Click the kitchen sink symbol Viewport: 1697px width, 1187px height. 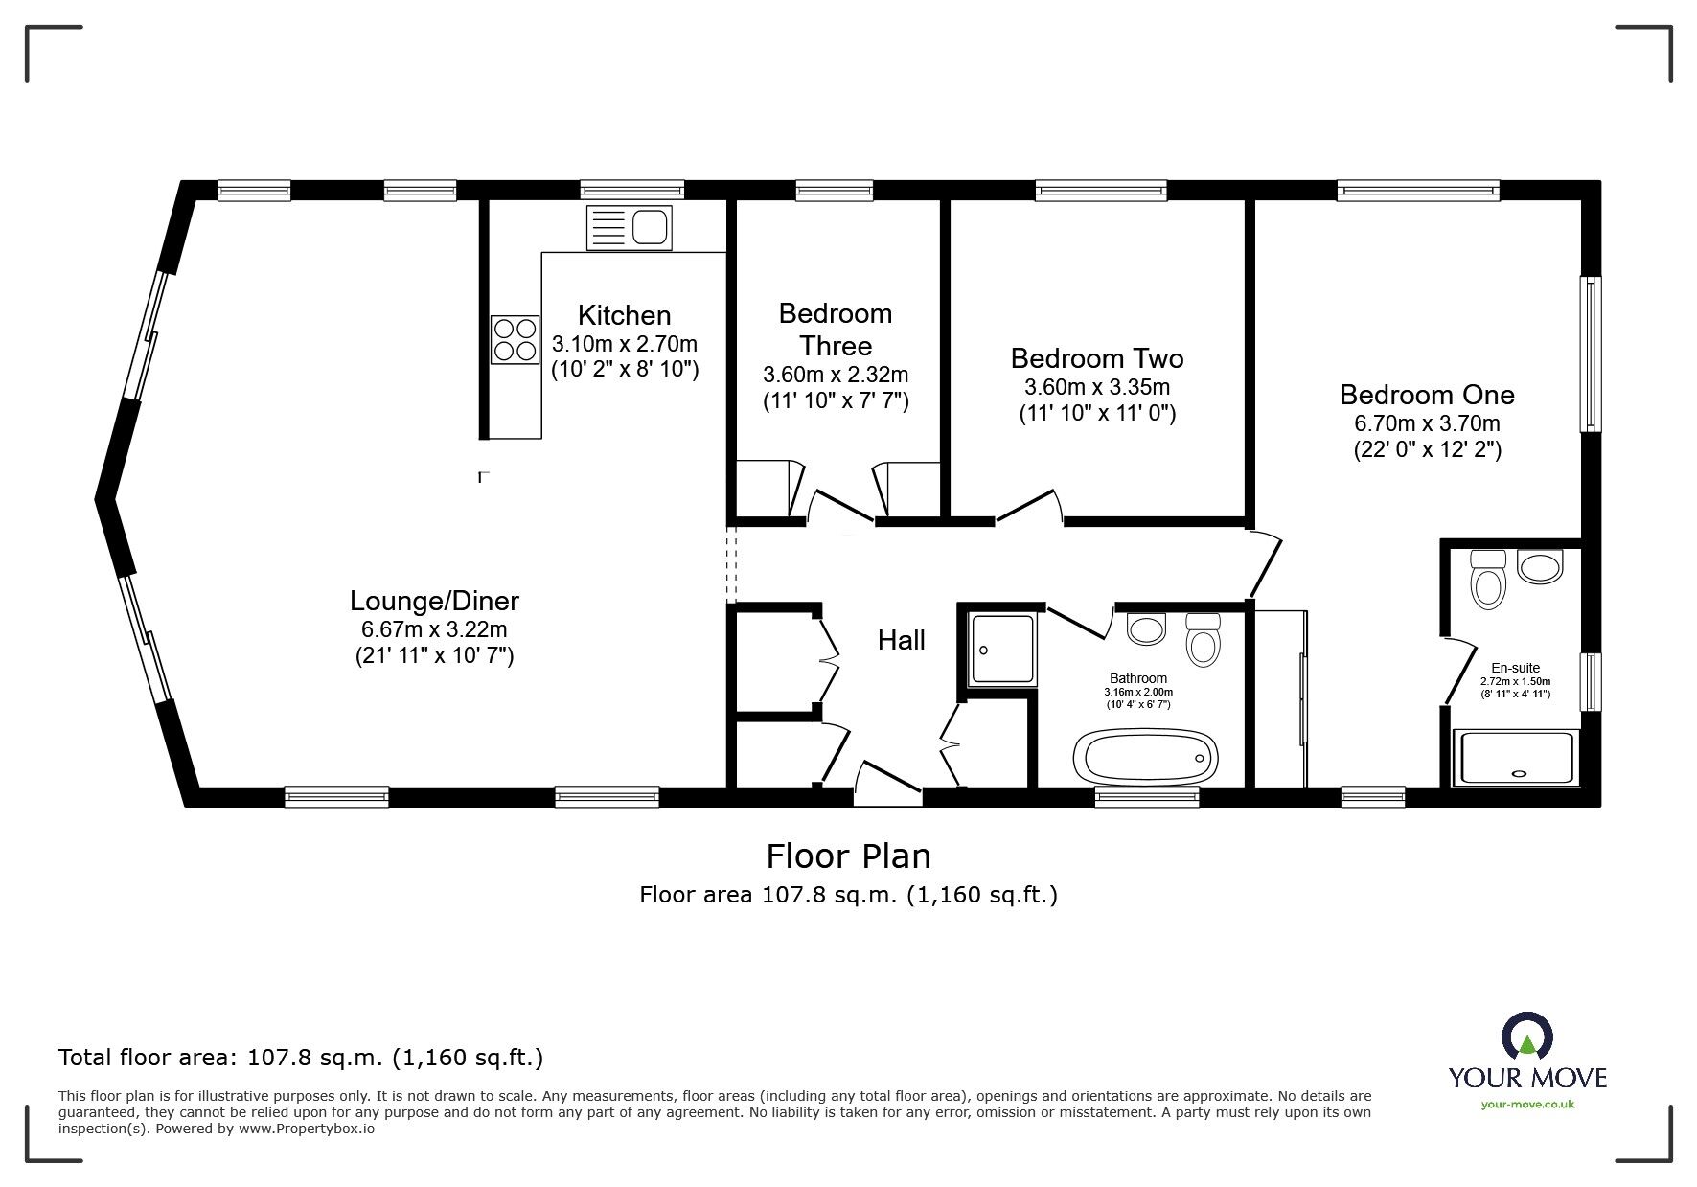click(629, 228)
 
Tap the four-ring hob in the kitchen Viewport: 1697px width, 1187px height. click(515, 340)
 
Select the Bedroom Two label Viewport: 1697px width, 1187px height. click(1097, 358)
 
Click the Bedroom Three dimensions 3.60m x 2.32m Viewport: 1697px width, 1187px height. click(836, 375)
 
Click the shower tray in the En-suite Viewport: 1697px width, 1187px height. click(1514, 758)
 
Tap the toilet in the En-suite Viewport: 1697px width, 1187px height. click(1489, 580)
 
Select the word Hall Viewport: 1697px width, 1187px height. click(901, 640)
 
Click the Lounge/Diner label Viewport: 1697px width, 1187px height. click(434, 601)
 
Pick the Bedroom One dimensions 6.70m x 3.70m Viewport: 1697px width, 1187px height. click(1427, 423)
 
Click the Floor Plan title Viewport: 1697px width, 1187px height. click(848, 855)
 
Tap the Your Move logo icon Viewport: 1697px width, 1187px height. click(1526, 1039)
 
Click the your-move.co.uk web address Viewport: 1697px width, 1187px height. click(1527, 1105)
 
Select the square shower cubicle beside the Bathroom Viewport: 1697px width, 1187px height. click(1002, 649)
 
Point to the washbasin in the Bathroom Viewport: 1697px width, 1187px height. click(1146, 628)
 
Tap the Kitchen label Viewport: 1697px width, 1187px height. click(624, 315)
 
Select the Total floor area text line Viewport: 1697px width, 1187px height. click(301, 1058)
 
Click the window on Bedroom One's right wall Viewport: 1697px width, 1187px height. click(1591, 354)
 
